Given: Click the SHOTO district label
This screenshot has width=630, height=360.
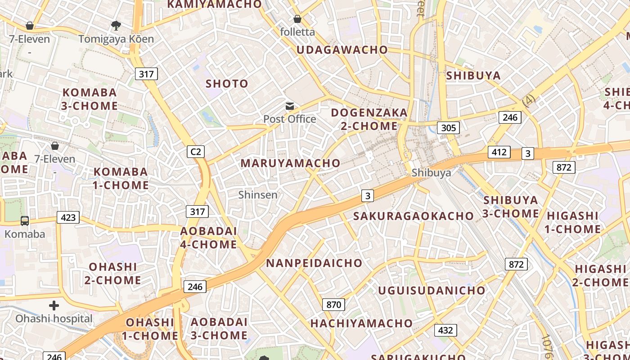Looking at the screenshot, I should pos(227,84).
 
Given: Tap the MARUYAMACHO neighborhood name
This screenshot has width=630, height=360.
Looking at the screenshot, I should pos(291,163).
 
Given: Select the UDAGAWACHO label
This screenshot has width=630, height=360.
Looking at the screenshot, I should pos(342,50).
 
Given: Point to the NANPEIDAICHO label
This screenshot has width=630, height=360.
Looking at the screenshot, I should pos(314,263).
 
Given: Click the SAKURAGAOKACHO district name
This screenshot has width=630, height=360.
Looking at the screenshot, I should pos(414,216).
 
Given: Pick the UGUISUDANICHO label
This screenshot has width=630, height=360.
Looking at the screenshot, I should pos(432,290).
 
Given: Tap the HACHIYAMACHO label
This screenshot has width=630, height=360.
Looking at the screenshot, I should pos(361,323).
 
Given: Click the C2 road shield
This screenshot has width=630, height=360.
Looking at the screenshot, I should pos(196,152).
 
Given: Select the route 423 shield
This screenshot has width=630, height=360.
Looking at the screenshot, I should pos(68,218).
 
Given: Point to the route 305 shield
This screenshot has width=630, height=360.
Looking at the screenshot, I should pos(448,128).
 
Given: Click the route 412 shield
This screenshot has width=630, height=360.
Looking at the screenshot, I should pos(499,152).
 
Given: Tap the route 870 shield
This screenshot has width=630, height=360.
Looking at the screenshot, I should pos(333,305).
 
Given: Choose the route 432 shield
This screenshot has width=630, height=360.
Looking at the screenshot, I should pos(445,330).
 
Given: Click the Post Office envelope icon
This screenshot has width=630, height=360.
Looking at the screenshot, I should pos(290,107).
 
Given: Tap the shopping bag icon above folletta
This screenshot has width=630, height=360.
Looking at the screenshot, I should pos(297,19).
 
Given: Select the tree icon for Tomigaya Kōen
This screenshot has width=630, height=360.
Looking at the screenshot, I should pos(116,25).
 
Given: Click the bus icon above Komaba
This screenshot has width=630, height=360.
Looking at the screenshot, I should pos(25,221).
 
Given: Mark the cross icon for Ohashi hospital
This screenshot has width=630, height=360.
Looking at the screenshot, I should pos(54,306).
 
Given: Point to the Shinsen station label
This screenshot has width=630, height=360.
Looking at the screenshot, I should pos(258,195).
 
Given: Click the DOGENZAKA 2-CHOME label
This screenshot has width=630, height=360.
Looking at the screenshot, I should pos(369,119).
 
